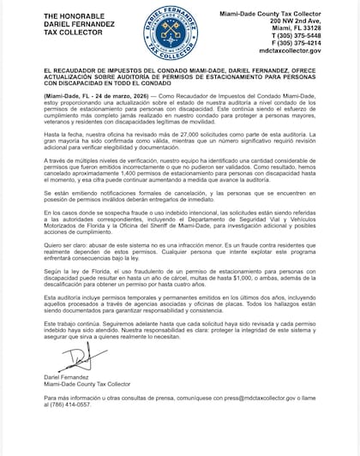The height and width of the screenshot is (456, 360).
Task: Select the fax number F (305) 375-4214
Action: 315,42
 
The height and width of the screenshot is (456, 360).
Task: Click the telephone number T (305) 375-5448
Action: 315,34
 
